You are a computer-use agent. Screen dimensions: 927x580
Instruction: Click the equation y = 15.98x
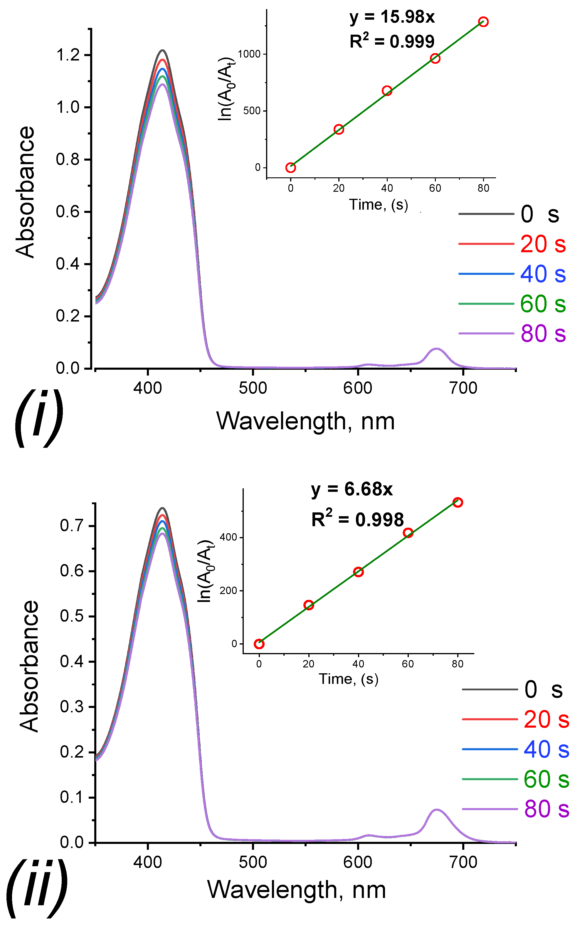point(392,17)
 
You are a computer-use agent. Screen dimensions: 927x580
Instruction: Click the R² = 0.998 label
point(357,519)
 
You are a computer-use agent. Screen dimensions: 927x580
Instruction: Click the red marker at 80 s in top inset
point(483,22)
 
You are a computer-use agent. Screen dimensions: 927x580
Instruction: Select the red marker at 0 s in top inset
point(290,168)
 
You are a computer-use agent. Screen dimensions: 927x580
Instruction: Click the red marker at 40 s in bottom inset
point(358,572)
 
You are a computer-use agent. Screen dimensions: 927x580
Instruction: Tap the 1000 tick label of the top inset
point(249,54)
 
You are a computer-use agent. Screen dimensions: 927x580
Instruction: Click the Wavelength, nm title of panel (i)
point(305,421)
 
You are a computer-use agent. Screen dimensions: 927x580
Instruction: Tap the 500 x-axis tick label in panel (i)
point(253,388)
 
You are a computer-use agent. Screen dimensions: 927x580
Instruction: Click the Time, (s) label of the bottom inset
point(348,679)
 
